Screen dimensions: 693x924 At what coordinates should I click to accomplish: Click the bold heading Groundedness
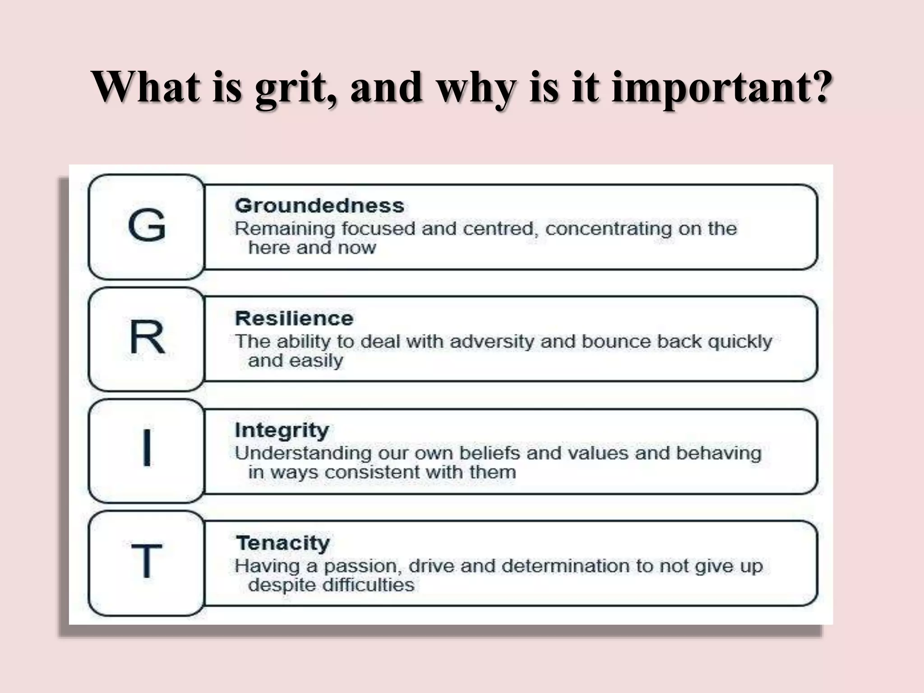click(x=319, y=206)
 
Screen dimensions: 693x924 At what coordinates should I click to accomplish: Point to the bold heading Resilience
click(x=294, y=319)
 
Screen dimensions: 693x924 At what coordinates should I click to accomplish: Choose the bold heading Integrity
click(x=282, y=430)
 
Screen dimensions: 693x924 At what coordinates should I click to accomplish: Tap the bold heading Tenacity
click(x=283, y=543)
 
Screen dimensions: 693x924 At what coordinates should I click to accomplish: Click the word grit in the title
click(x=296, y=87)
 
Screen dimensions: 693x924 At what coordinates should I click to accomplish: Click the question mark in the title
click(x=818, y=86)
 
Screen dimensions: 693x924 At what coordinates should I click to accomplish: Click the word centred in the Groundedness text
click(x=500, y=229)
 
